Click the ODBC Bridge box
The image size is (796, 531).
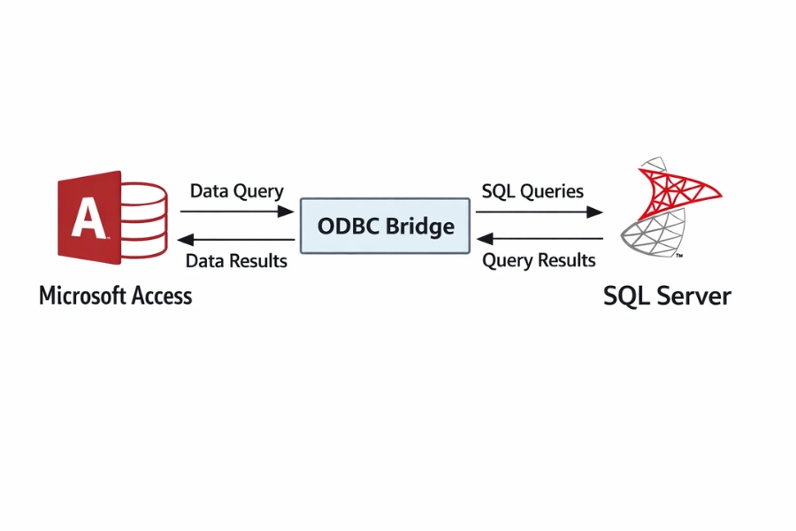(x=385, y=226)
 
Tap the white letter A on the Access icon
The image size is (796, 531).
(x=88, y=218)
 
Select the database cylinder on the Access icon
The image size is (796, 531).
(x=143, y=220)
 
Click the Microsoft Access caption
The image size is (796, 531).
(x=115, y=296)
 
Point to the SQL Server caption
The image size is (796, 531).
(x=667, y=296)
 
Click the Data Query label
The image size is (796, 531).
(x=236, y=191)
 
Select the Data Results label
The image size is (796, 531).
(x=236, y=261)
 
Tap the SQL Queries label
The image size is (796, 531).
(x=532, y=191)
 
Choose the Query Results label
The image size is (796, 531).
(x=539, y=261)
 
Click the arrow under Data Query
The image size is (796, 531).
(x=236, y=212)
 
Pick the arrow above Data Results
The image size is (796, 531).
(x=236, y=240)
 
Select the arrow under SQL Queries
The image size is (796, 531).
(x=539, y=212)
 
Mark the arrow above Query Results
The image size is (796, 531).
(x=539, y=239)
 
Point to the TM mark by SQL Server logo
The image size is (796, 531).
(x=677, y=255)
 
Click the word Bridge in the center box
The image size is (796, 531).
(x=421, y=226)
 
